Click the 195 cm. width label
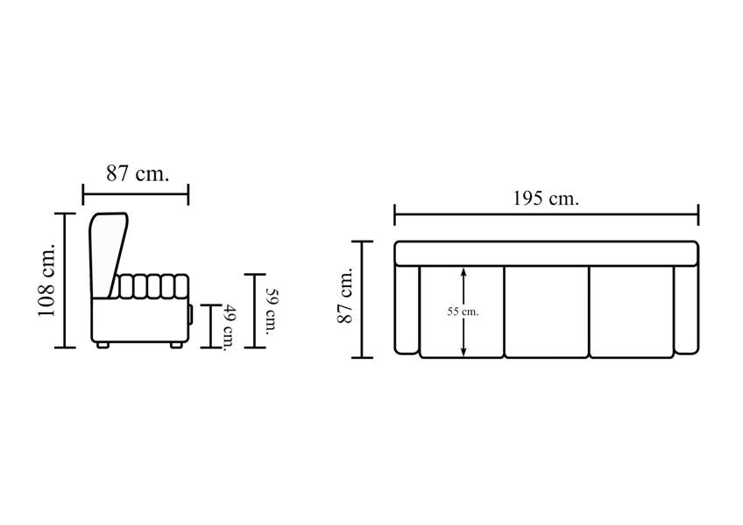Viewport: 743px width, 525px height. pos(546,198)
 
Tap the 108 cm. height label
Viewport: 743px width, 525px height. pos(47,280)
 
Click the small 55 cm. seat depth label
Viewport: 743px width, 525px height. pos(463,312)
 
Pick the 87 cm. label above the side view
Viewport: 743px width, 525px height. pos(138,173)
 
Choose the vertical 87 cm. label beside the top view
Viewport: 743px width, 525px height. pos(345,296)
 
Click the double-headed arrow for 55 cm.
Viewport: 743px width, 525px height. pos(463,311)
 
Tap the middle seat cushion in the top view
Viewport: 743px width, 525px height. pos(547,311)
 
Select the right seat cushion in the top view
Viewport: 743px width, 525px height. pos(632,311)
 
